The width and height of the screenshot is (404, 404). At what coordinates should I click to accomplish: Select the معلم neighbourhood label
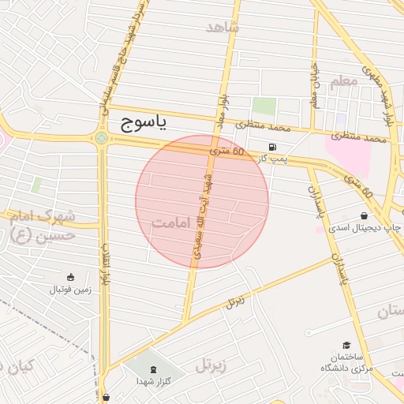click(x=345, y=81)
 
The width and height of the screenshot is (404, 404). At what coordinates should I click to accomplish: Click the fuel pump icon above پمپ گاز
click(x=273, y=147)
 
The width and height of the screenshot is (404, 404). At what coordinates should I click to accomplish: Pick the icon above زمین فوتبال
click(x=71, y=277)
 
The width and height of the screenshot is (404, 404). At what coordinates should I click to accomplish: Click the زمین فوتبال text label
click(x=71, y=290)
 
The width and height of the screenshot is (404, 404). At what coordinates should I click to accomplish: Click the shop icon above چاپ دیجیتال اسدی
click(x=364, y=215)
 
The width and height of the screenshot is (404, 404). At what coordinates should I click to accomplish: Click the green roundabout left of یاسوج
click(x=102, y=139)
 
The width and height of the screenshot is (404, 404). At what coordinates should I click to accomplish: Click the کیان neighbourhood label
click(x=17, y=367)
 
